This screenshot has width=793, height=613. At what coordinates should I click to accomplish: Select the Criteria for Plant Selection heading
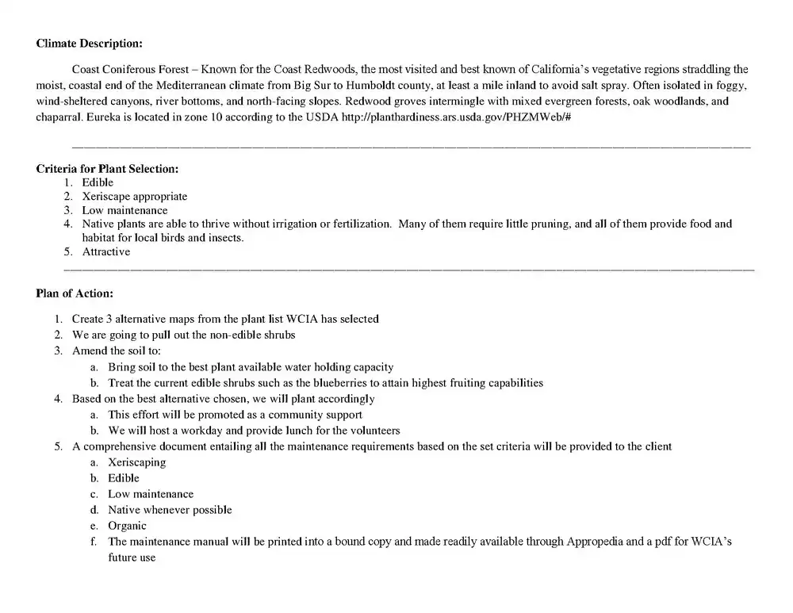tap(107, 169)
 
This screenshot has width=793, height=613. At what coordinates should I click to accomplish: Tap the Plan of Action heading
tap(75, 293)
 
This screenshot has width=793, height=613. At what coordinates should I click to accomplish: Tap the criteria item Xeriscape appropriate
tap(135, 197)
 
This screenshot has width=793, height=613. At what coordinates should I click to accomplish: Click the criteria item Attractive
tap(106, 252)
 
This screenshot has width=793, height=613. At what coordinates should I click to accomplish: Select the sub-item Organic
tap(127, 526)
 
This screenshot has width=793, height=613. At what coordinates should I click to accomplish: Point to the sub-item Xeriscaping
tap(136, 462)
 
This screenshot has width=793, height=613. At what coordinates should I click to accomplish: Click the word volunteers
tap(375, 431)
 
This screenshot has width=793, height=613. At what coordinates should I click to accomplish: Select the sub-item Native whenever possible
tap(170, 510)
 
